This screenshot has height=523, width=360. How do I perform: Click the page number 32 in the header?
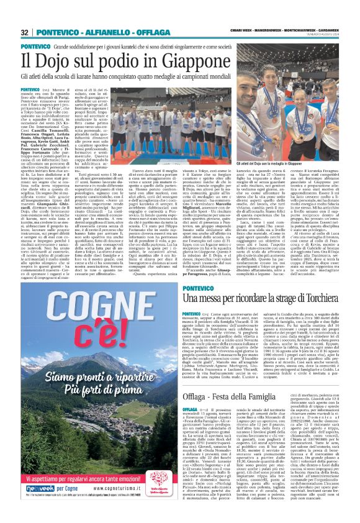click(x=25, y=32)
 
